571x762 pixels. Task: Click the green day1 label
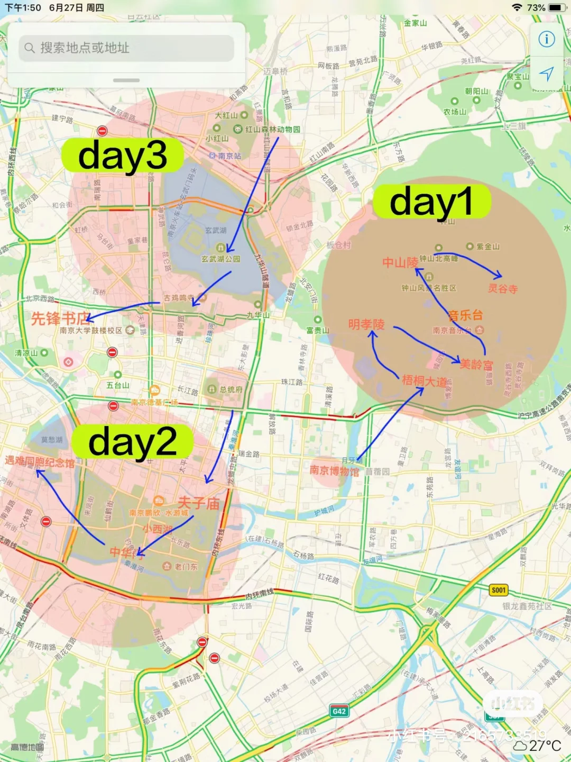432,202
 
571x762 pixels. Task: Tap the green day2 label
133,442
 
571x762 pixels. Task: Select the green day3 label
123,155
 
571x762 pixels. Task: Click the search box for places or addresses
127,48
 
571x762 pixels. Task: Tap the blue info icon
547,39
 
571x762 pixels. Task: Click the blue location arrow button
547,74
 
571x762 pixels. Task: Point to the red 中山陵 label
400,262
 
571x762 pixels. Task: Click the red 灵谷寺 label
502,288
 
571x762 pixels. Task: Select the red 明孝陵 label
366,324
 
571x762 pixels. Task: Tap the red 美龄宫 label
476,364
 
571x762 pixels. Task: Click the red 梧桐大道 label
424,380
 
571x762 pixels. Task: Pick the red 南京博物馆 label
334,470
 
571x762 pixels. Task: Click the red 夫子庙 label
198,503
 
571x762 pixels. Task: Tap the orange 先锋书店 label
59,319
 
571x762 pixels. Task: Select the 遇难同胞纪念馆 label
40,461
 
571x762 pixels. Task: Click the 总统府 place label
231,389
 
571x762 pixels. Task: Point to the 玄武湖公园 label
220,259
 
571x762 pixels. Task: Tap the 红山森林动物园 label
272,129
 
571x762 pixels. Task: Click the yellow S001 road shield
499,590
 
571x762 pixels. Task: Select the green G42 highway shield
339,711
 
